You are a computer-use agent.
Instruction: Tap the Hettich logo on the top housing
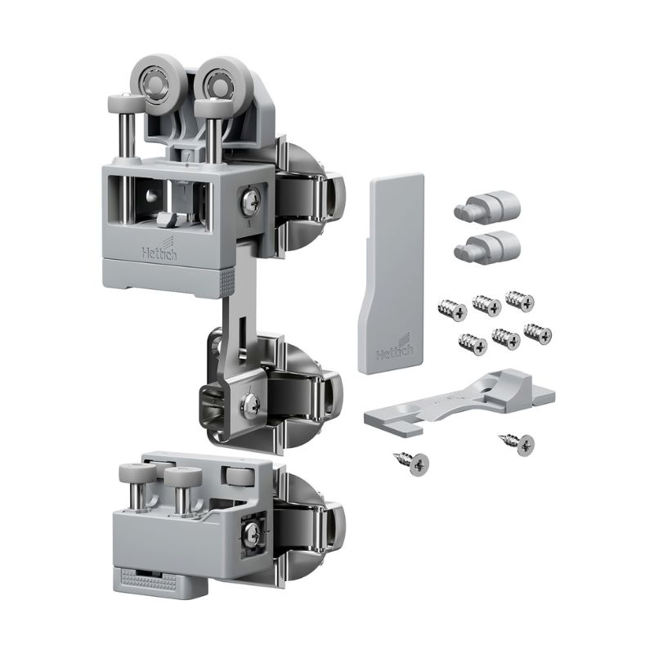[x=159, y=249]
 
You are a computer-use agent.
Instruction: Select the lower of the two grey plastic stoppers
[x=487, y=246]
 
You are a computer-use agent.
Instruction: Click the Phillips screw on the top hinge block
[x=250, y=202]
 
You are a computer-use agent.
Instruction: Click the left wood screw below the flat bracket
[x=413, y=463]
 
